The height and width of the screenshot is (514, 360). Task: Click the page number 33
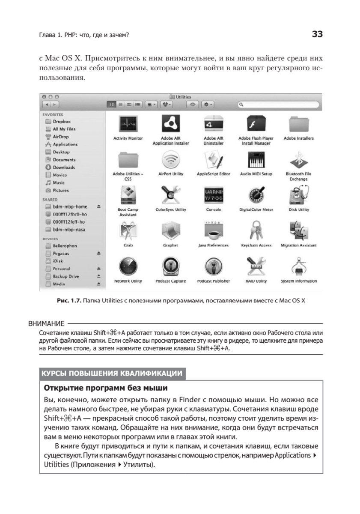pyautogui.click(x=316, y=34)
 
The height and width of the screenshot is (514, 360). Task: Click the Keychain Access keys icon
pyautogui.click(x=256, y=232)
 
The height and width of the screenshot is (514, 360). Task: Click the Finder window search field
pyautogui.click(x=278, y=105)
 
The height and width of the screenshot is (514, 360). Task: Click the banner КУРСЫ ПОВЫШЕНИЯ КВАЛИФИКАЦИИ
pyautogui.click(x=112, y=373)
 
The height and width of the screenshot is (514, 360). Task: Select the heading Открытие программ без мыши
pyautogui.click(x=105, y=388)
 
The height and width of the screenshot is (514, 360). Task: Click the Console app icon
pyautogui.click(x=213, y=196)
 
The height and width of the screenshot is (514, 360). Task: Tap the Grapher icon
pyautogui.click(x=170, y=232)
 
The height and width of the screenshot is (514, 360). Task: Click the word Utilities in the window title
pyautogui.click(x=183, y=98)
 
